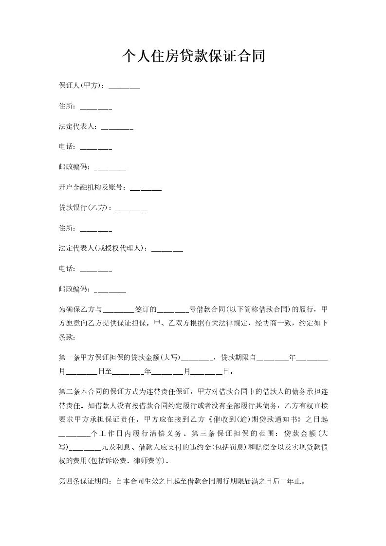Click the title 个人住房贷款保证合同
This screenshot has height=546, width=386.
(193, 56)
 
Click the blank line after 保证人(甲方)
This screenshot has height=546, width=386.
(124, 86)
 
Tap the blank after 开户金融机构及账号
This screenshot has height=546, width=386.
(146, 187)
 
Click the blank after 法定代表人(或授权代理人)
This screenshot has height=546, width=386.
(167, 249)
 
